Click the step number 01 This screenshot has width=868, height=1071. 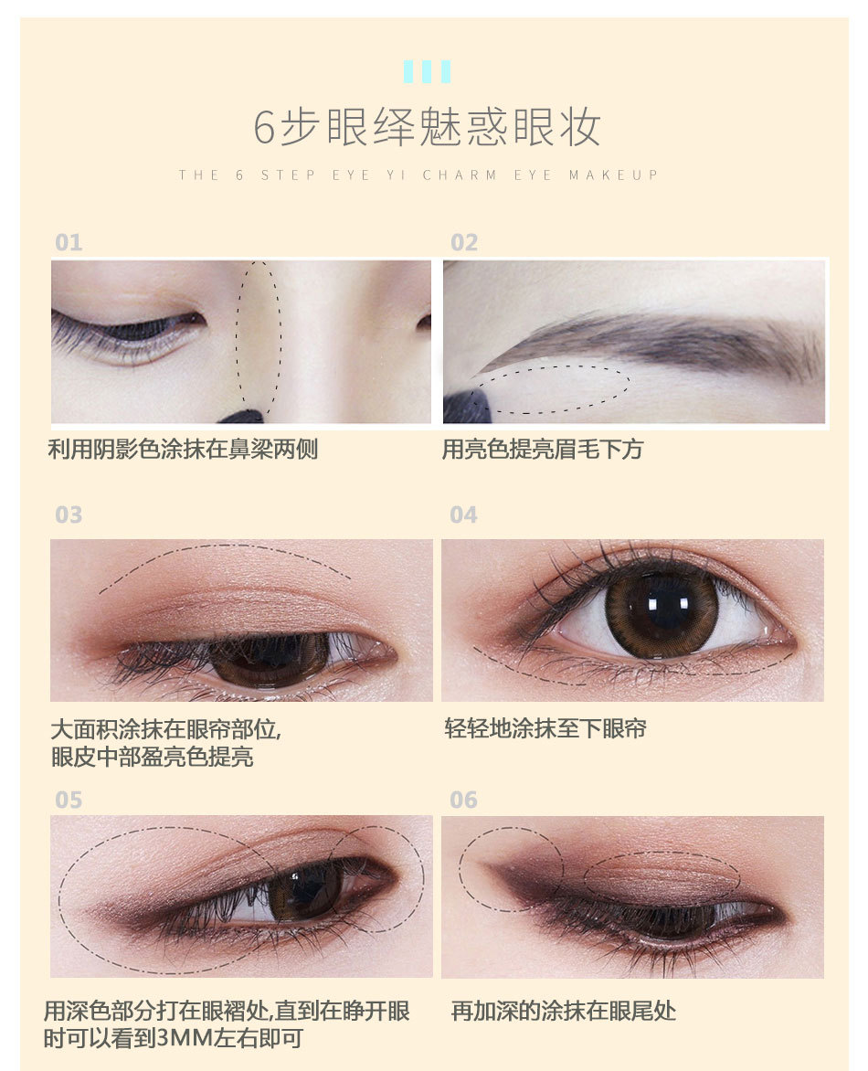pyautogui.click(x=69, y=242)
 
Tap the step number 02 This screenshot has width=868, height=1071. pyautogui.click(x=464, y=242)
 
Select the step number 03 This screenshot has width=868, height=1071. pyautogui.click(x=69, y=514)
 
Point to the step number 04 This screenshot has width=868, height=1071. pyautogui.click(x=463, y=514)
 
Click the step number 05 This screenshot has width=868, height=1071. pyautogui.click(x=69, y=800)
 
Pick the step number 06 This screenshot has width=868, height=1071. pyautogui.click(x=463, y=800)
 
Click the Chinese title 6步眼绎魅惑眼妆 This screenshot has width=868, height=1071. pyautogui.click(x=427, y=127)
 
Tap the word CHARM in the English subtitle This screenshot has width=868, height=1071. pyautogui.click(x=460, y=175)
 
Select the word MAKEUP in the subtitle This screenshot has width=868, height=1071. pyautogui.click(x=613, y=175)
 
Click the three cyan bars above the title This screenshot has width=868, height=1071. pyautogui.click(x=427, y=71)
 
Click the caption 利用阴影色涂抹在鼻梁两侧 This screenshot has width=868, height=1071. pyautogui.click(x=183, y=450)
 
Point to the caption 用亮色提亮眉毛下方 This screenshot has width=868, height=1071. pyautogui.click(x=542, y=450)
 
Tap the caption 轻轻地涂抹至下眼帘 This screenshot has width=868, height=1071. pyautogui.click(x=545, y=728)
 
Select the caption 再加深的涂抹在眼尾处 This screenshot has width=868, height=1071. pyautogui.click(x=564, y=1011)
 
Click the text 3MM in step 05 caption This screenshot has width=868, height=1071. pyautogui.click(x=185, y=1038)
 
